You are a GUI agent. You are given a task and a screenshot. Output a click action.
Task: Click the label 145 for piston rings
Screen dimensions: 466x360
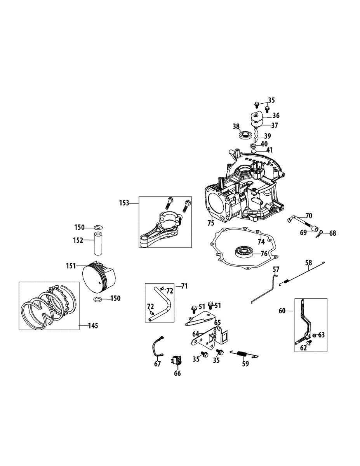pyautogui.click(x=92, y=326)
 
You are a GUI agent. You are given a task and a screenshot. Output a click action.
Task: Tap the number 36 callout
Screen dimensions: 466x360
pyautogui.click(x=276, y=115)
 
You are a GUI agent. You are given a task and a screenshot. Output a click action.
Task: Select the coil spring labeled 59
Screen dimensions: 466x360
pyautogui.click(x=243, y=354)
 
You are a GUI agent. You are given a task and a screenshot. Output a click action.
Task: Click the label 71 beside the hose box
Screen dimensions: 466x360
pyautogui.click(x=184, y=287)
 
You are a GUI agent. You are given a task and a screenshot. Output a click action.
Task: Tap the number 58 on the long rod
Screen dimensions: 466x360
pyautogui.click(x=309, y=263)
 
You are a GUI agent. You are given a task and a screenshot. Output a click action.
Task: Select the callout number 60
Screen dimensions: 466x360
pyautogui.click(x=282, y=310)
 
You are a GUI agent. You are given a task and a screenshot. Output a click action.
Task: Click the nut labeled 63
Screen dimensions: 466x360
pyautogui.click(x=314, y=335)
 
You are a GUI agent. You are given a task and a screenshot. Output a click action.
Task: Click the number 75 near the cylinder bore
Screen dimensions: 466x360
pyautogui.click(x=210, y=223)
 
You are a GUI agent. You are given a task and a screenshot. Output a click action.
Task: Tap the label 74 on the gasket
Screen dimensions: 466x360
pyautogui.click(x=261, y=242)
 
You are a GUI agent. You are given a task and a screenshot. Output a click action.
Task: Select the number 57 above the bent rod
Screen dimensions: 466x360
pyautogui.click(x=276, y=269)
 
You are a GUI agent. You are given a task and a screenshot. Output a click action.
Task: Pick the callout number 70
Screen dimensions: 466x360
pyautogui.click(x=309, y=216)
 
